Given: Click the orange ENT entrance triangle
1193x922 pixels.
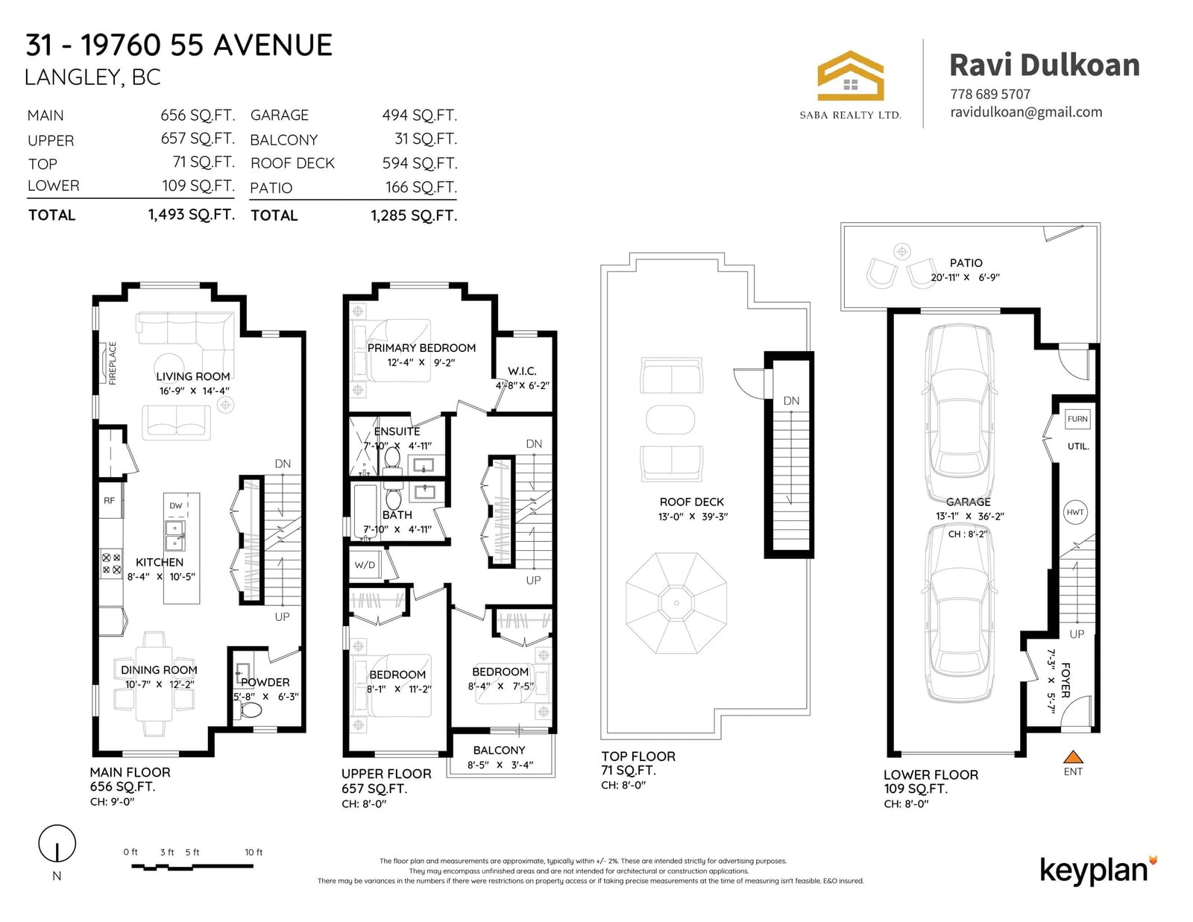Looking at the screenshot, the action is tap(1073, 757).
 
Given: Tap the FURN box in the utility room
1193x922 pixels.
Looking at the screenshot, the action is tap(1077, 419).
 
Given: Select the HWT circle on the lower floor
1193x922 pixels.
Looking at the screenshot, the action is tap(1075, 512).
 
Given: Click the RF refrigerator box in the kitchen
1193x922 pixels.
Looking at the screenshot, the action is tap(110, 501).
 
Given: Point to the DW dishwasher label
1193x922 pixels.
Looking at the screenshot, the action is tap(176, 505).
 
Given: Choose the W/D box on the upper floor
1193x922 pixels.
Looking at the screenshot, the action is tap(365, 565).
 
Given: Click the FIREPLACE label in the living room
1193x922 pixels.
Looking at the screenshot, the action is tap(113, 363).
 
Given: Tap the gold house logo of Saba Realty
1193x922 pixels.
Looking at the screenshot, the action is tap(850, 76).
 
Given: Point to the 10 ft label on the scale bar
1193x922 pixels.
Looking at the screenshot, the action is tap(254, 852).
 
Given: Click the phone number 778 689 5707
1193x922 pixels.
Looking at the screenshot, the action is tap(990, 95).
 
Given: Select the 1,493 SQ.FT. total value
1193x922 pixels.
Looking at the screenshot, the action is tap(192, 215).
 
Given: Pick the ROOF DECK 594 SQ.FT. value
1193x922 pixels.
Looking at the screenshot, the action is tap(420, 163).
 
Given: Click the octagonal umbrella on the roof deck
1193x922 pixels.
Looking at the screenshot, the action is tap(676, 602).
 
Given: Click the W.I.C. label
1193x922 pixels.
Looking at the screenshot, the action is tap(522, 371).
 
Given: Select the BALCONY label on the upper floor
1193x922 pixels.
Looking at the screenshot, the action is tap(499, 751).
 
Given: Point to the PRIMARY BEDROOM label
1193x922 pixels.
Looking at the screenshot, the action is tap(421, 348).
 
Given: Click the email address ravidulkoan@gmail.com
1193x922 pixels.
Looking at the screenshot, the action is tap(1026, 113).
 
